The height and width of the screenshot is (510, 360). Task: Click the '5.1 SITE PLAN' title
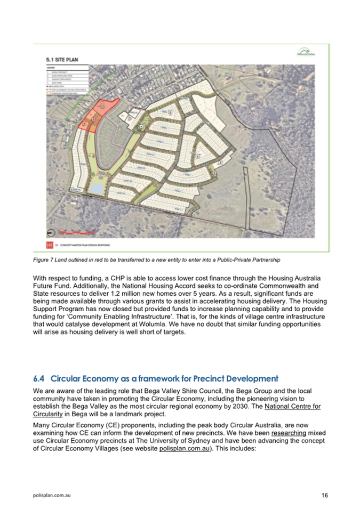(62, 59)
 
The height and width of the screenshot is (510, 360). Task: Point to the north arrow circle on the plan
(51, 232)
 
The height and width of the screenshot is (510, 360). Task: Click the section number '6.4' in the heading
(39, 379)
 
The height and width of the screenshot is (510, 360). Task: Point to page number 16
(325, 495)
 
